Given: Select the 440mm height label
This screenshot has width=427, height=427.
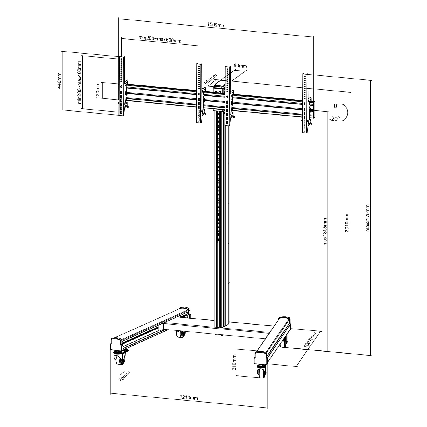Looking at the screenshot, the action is coord(59,80).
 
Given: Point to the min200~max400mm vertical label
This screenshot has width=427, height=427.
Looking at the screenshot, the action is coord(80,82).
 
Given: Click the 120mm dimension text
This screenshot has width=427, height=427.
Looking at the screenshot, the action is coord(98,90).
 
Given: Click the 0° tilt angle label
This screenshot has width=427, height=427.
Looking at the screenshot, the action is coord(337,106).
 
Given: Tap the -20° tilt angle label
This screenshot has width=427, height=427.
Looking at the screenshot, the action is coord(334,119).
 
